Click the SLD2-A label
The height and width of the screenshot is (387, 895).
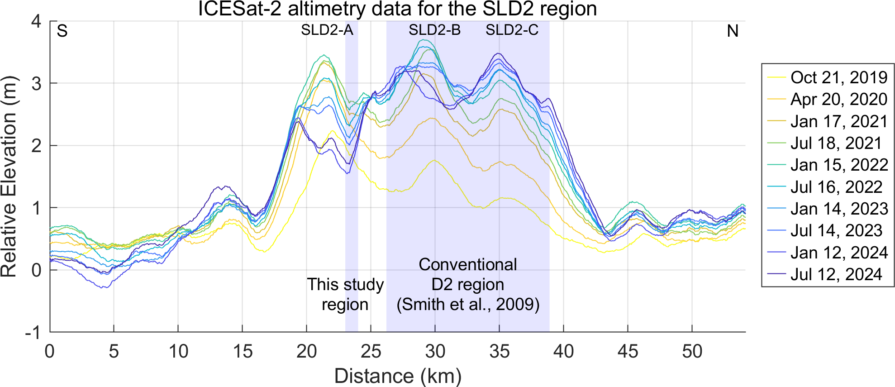click(x=327, y=30)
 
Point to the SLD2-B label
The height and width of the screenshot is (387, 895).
click(x=434, y=30)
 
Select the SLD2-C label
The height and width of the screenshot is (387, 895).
click(x=512, y=30)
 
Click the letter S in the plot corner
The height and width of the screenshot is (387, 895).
click(x=62, y=31)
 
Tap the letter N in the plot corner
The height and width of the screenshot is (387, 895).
click(x=733, y=31)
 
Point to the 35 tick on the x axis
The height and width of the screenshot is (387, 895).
click(x=499, y=351)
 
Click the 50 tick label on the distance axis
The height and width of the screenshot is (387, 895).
click(x=692, y=351)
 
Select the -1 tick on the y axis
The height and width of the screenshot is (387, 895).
click(x=33, y=333)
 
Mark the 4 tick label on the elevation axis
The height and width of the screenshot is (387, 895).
click(x=36, y=21)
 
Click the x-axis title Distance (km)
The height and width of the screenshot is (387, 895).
click(x=397, y=376)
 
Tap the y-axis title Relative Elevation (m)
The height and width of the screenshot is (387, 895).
click(x=9, y=177)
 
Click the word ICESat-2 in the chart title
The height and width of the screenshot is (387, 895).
click(x=240, y=9)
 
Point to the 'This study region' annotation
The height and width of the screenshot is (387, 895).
click(x=345, y=294)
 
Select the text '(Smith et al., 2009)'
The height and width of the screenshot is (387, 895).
click(x=468, y=304)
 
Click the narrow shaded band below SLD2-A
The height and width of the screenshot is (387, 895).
click(x=352, y=181)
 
